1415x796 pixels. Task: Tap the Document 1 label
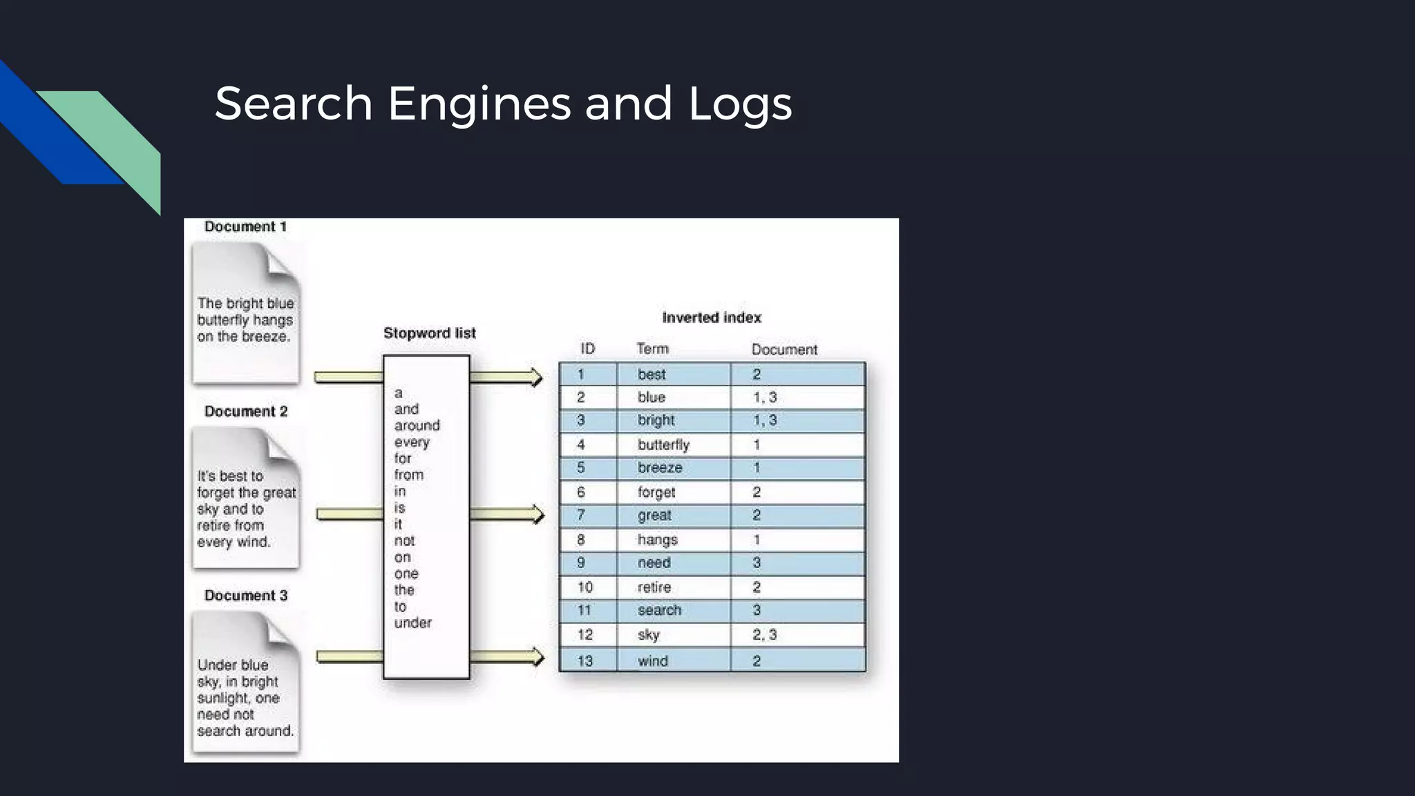pos(245,227)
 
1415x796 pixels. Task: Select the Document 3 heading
pos(245,596)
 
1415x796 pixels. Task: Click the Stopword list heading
pos(429,333)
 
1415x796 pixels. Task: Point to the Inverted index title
pos(711,318)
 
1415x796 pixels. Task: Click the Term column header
pos(652,349)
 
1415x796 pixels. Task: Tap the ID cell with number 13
pos(585,661)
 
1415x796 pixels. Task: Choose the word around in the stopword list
pos(417,426)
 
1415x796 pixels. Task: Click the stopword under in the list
pos(412,623)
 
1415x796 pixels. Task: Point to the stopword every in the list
pos(412,442)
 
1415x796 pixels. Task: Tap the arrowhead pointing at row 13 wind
pos(537,656)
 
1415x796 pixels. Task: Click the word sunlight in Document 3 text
pos(223,698)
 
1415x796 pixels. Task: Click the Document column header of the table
pos(784,350)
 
